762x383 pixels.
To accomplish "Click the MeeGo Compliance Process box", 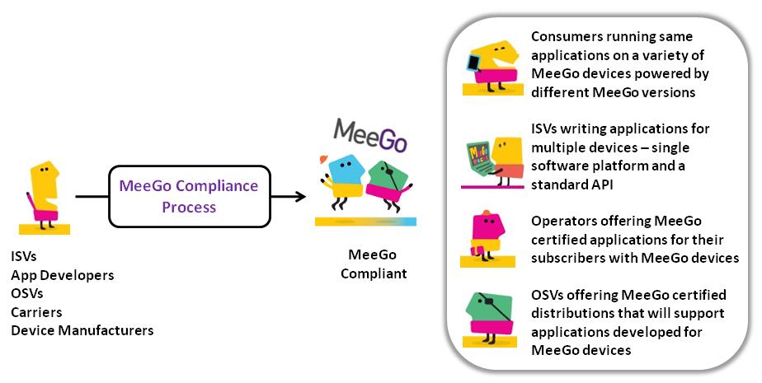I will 188,197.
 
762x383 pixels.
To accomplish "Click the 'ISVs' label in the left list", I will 24,257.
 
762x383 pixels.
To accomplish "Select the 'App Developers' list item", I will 62,275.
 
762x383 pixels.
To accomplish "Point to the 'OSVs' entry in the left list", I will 26,294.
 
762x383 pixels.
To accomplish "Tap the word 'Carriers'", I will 36,312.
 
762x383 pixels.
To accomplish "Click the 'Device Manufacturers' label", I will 82,331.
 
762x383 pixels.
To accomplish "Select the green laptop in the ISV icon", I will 482,157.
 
